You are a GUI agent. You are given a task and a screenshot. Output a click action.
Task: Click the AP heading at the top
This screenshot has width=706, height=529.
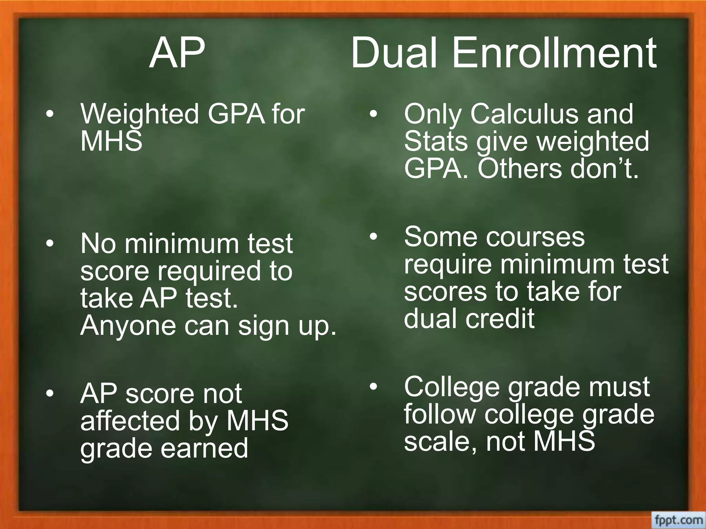point(177,53)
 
